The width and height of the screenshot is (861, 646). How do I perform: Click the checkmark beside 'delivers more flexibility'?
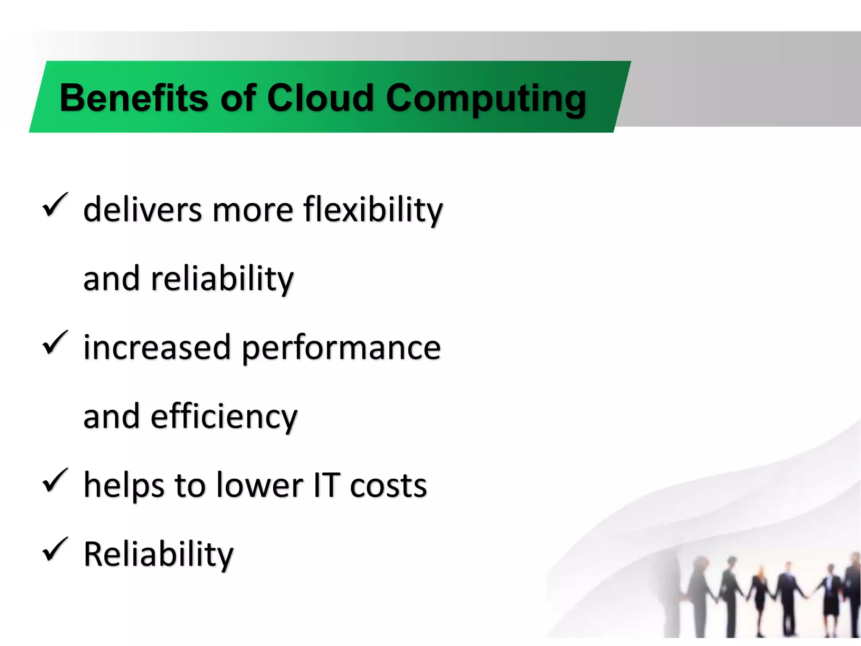pyautogui.click(x=55, y=205)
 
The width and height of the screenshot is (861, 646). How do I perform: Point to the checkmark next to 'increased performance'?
pyautogui.click(x=55, y=343)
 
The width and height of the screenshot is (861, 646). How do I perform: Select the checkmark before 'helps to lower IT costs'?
pyautogui.click(x=55, y=480)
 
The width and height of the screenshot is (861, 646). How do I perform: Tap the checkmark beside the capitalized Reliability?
pyautogui.click(x=55, y=550)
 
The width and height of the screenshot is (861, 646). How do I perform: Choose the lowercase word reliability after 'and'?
pyautogui.click(x=222, y=279)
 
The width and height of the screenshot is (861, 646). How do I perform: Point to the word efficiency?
pyautogui.click(x=224, y=417)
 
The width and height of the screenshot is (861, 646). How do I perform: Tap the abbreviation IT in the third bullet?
pyautogui.click(x=327, y=485)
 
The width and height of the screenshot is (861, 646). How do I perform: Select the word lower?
pyautogui.click(x=260, y=485)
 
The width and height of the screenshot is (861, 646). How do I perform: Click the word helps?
pyautogui.click(x=124, y=485)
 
